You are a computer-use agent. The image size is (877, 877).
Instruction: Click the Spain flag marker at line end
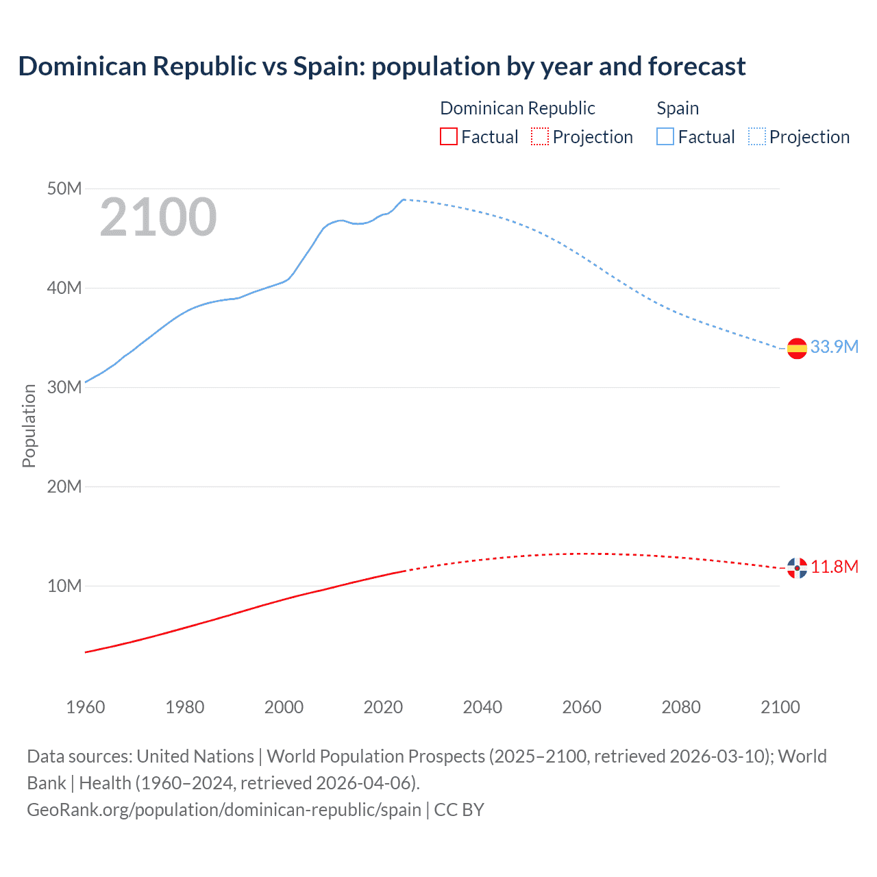point(797,348)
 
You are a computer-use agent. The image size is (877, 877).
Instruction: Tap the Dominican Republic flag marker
point(797,567)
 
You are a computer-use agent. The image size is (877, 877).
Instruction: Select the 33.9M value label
point(834,347)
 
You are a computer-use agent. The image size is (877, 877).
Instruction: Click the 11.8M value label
point(835,567)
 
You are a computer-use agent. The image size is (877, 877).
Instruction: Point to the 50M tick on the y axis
point(64,188)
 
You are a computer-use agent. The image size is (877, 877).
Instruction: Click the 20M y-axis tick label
point(64,486)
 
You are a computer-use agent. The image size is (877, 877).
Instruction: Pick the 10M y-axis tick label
point(64,586)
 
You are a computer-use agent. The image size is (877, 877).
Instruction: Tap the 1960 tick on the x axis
point(86,707)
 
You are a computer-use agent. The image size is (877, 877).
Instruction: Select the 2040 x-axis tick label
point(482,707)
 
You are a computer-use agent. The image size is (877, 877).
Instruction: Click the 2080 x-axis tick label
point(681,707)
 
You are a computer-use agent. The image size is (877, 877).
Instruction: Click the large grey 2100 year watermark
point(158,217)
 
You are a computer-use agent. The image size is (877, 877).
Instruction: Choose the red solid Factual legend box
point(449,136)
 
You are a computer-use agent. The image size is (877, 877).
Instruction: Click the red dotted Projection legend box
point(540,136)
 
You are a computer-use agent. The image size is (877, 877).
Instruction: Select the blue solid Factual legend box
point(665,136)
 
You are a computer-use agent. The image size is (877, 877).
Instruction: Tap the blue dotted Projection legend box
point(757,136)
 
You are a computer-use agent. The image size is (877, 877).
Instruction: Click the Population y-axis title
point(29,425)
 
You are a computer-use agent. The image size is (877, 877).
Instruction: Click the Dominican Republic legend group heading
point(517,108)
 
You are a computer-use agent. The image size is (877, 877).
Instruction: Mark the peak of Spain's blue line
point(404,199)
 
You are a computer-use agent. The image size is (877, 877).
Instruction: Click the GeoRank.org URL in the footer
point(224,809)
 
